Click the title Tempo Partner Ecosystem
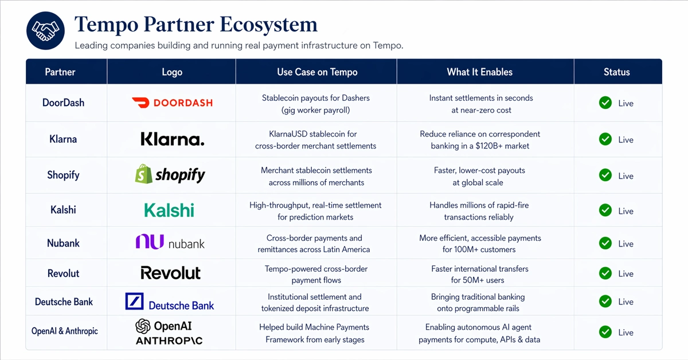(196, 25)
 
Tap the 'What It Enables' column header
(479, 72)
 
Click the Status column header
(616, 72)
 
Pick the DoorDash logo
(172, 103)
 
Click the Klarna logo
(172, 139)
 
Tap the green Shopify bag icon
(143, 174)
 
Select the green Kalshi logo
(169, 210)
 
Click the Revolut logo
(171, 273)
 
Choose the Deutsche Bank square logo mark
(134, 302)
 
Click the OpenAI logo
(163, 326)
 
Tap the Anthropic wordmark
(169, 341)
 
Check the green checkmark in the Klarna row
(605, 139)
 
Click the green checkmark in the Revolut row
(605, 273)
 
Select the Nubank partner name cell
(63, 243)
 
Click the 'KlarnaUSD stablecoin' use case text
(316, 134)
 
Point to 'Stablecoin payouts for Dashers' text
(316, 98)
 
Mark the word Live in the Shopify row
(626, 176)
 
